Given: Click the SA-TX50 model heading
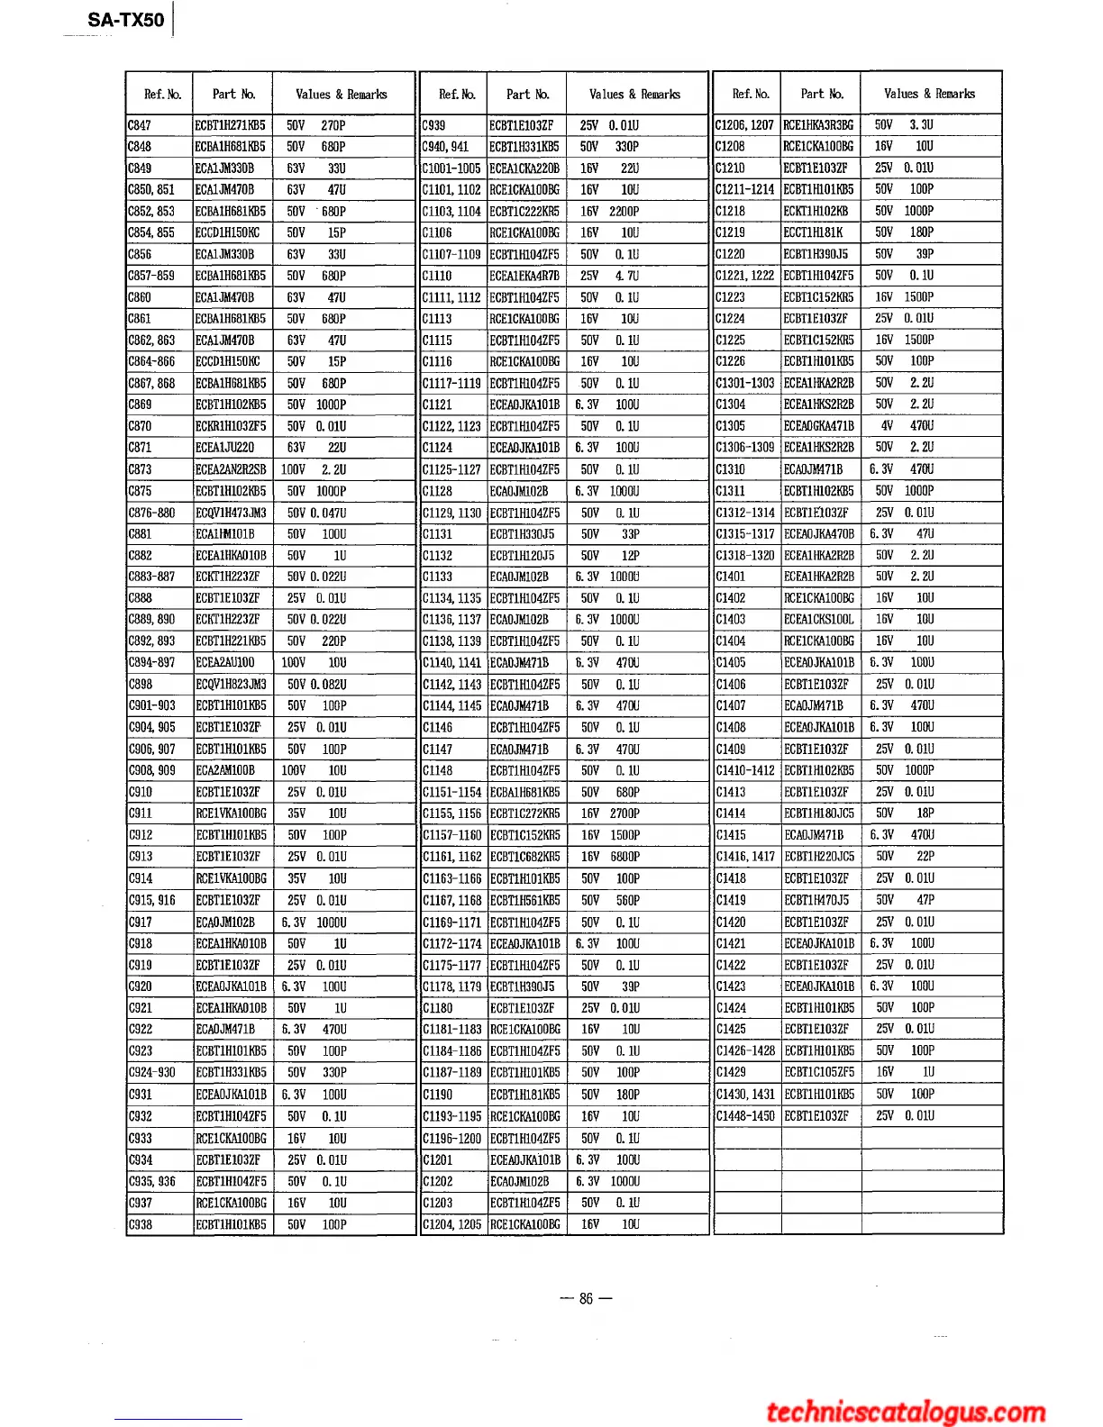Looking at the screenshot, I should (x=126, y=20).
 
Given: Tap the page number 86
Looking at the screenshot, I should (x=586, y=1298).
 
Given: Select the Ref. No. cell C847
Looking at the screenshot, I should (x=141, y=125).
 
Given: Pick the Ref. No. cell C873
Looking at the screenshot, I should (x=141, y=469).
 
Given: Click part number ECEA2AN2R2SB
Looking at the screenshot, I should (x=232, y=469).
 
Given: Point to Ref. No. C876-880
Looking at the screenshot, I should (x=152, y=513).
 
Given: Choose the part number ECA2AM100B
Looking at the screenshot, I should (x=226, y=770).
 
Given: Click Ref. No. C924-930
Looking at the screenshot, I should (x=152, y=1073).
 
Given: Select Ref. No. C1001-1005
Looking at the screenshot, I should (x=451, y=168).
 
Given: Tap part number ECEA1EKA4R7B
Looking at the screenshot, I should (x=524, y=276).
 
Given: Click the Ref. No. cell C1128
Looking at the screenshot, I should (x=438, y=491).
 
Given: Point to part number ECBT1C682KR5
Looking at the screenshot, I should (x=524, y=857).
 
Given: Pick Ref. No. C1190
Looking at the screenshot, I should (x=438, y=1095).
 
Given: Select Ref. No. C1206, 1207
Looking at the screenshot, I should (x=744, y=125).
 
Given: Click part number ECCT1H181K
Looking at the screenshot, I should (x=814, y=232).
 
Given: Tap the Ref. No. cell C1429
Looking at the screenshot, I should (x=731, y=1072).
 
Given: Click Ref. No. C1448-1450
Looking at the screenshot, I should (x=745, y=1115).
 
